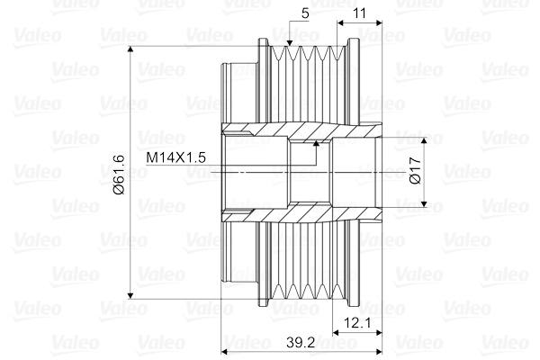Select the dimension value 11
click(x=358, y=13)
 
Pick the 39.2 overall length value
click(x=301, y=343)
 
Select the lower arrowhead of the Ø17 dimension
click(x=424, y=201)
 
